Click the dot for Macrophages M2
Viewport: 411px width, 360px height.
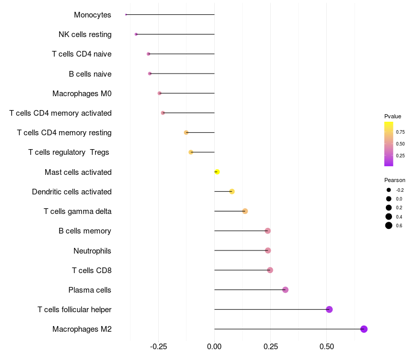coord(364,329)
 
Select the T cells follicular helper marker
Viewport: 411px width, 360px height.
coord(329,310)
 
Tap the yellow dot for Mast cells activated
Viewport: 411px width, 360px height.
coord(217,172)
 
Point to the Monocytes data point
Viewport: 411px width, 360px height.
coord(126,14)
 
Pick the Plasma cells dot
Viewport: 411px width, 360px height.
coord(285,290)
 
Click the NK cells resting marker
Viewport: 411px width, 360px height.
coord(136,34)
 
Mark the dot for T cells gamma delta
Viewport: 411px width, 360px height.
coord(245,211)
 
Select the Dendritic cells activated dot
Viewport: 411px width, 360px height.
coord(232,192)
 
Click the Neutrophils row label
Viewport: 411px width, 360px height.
coord(92,251)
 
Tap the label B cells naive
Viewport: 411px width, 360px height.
coord(90,74)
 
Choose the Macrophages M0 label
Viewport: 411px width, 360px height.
coord(82,94)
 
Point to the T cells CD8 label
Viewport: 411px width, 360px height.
coord(91,271)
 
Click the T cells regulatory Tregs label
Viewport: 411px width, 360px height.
coord(69,153)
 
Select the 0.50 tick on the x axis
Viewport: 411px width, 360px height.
coord(326,347)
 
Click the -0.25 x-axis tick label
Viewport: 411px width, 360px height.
coord(158,347)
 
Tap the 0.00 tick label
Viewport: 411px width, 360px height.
coord(214,347)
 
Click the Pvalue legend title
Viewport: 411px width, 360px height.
coord(393,116)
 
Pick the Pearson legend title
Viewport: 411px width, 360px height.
coord(395,181)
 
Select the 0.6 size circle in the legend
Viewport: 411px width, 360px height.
coord(389,225)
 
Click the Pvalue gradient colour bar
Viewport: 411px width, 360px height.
coord(388,144)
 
